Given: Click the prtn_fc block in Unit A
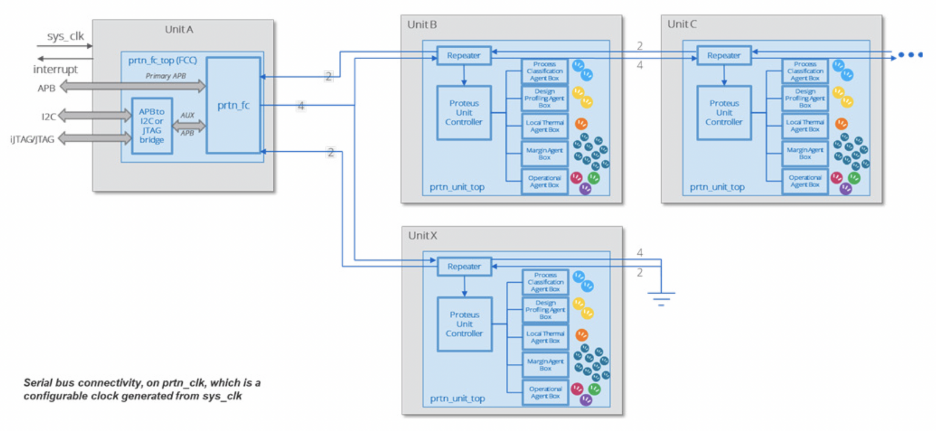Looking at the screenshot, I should pos(233,105).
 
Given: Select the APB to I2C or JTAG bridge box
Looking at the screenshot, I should pos(152,126).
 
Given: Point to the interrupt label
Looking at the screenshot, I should pos(55,69).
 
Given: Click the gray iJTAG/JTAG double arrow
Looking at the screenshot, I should pos(94,139).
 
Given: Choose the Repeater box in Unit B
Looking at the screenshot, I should pos(464,55).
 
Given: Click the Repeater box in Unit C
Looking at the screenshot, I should pos(723,55).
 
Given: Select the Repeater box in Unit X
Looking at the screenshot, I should pos(464,266).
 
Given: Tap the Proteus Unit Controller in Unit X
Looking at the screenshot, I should pos(464,324).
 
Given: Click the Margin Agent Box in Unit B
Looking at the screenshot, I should pos(545,154).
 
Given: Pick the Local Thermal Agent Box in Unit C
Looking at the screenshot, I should pos(805,126).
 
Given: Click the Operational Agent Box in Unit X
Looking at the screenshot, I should pos(545,393).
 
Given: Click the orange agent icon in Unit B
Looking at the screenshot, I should pos(581,124).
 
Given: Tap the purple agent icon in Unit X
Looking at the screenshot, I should pos(586,400).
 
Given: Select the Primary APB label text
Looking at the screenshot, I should pos(166,76).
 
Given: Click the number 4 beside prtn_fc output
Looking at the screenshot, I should pos(300,105).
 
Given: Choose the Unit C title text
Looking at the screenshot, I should pos(682,24).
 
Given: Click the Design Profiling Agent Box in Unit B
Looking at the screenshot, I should pos(545,98).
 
